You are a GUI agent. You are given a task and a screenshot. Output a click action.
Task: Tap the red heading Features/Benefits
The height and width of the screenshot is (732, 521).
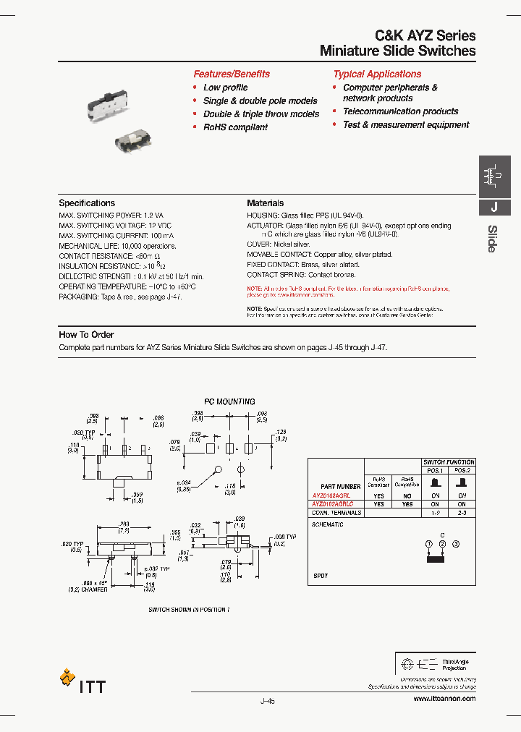(232, 74)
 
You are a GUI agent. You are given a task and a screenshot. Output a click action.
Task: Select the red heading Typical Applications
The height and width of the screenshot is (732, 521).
(377, 74)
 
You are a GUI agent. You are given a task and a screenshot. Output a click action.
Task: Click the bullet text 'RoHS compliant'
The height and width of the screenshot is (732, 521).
(235, 127)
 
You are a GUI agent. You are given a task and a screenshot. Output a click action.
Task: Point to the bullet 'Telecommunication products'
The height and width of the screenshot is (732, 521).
(400, 111)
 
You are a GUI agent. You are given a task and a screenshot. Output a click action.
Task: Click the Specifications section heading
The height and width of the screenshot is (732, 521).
(87, 203)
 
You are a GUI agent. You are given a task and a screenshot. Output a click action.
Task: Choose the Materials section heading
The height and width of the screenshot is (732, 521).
(266, 203)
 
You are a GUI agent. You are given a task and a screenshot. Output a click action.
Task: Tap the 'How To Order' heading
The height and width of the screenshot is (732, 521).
(83, 335)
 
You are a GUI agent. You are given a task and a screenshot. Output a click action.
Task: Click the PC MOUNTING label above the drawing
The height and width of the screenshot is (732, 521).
(229, 401)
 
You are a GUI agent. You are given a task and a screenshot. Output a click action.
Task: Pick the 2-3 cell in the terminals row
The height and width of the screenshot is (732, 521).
(460, 512)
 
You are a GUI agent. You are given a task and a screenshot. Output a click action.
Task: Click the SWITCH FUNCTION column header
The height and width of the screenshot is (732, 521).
(449, 461)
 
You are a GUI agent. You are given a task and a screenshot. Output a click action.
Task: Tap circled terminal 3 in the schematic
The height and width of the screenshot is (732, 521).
(454, 543)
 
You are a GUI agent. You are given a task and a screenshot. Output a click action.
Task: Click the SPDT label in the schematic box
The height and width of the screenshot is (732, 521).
(320, 576)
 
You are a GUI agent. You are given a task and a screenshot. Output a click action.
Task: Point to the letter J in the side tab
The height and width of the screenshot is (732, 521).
(494, 207)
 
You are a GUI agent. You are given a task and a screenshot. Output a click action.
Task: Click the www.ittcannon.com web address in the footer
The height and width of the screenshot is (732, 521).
(444, 699)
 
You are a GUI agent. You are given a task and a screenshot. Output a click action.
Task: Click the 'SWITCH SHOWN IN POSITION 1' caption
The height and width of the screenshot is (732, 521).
(189, 610)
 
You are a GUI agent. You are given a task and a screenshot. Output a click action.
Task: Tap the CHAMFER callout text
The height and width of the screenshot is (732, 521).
(94, 590)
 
